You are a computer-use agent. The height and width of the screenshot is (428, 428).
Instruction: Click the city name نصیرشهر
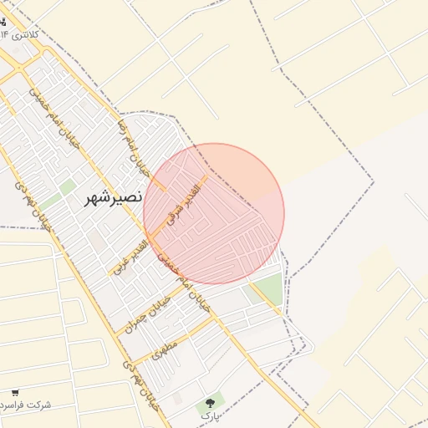click(115, 199)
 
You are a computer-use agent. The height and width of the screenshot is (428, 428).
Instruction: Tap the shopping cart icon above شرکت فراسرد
click(15, 392)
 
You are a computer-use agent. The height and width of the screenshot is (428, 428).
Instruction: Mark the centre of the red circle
click(214, 214)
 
